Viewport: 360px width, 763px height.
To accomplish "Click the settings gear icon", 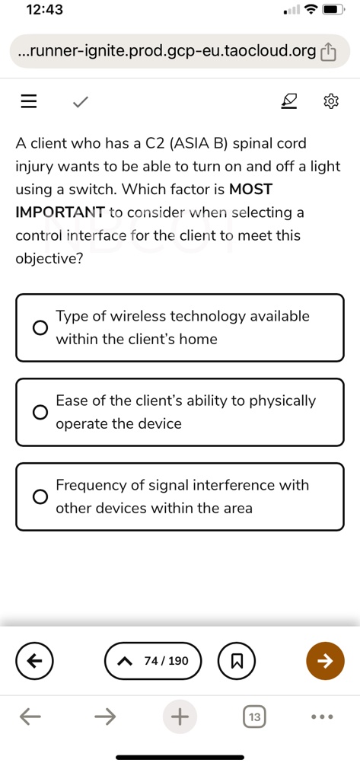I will tap(330, 101).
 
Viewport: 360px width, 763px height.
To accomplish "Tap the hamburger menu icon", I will tap(29, 101).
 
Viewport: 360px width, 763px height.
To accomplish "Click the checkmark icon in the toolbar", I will tap(79, 101).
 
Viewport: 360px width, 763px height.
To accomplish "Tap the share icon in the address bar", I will tap(328, 51).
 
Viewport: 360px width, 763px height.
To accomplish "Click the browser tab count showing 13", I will tap(254, 717).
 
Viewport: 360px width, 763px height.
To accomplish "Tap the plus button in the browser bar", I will tap(180, 717).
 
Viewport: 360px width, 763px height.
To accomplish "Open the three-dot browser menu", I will tap(323, 717).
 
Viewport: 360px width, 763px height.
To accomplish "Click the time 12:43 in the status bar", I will tap(44, 10).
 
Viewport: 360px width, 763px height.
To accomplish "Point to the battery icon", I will tap(334, 11).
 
